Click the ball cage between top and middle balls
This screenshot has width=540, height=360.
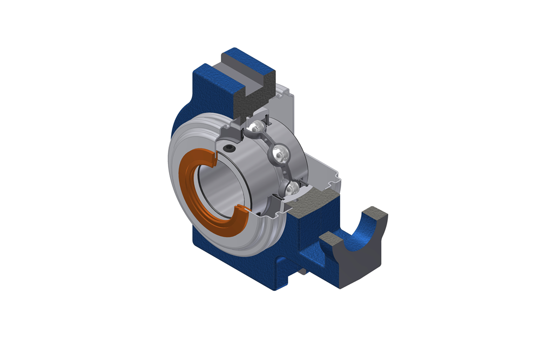click(x=268, y=141)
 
